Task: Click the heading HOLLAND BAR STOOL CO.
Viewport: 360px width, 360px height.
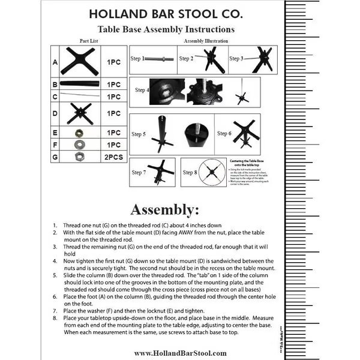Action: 166,13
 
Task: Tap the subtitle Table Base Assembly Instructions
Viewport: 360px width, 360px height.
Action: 166,28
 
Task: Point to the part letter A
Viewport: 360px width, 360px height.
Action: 55,62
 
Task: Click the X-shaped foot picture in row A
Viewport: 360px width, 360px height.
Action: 80,62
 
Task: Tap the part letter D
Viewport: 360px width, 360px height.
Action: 55,113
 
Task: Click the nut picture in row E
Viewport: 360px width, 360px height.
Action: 79,133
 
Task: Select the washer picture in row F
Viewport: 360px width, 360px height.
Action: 79,144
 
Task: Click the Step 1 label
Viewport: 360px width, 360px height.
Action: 139,59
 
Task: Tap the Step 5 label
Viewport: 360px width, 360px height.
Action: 139,134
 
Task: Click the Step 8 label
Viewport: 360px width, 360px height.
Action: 190,173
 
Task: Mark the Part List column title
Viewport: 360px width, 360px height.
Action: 88,40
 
